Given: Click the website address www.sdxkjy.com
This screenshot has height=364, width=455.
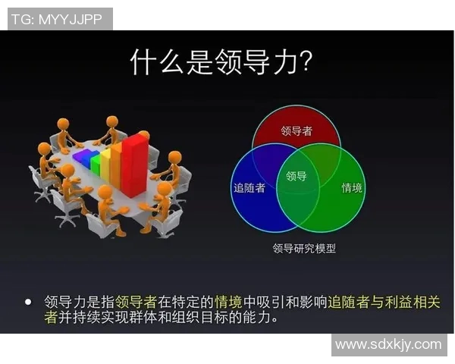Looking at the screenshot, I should coord(388,344).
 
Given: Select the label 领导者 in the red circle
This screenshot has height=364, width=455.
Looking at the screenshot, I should coord(297,130).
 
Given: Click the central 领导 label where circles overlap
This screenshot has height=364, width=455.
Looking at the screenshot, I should coord(297,177).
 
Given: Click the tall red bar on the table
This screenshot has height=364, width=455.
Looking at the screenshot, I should coord(136,163).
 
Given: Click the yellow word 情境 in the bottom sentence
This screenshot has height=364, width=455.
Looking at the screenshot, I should coord(229,302).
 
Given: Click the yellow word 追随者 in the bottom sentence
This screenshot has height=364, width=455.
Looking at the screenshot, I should coord(346,302).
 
